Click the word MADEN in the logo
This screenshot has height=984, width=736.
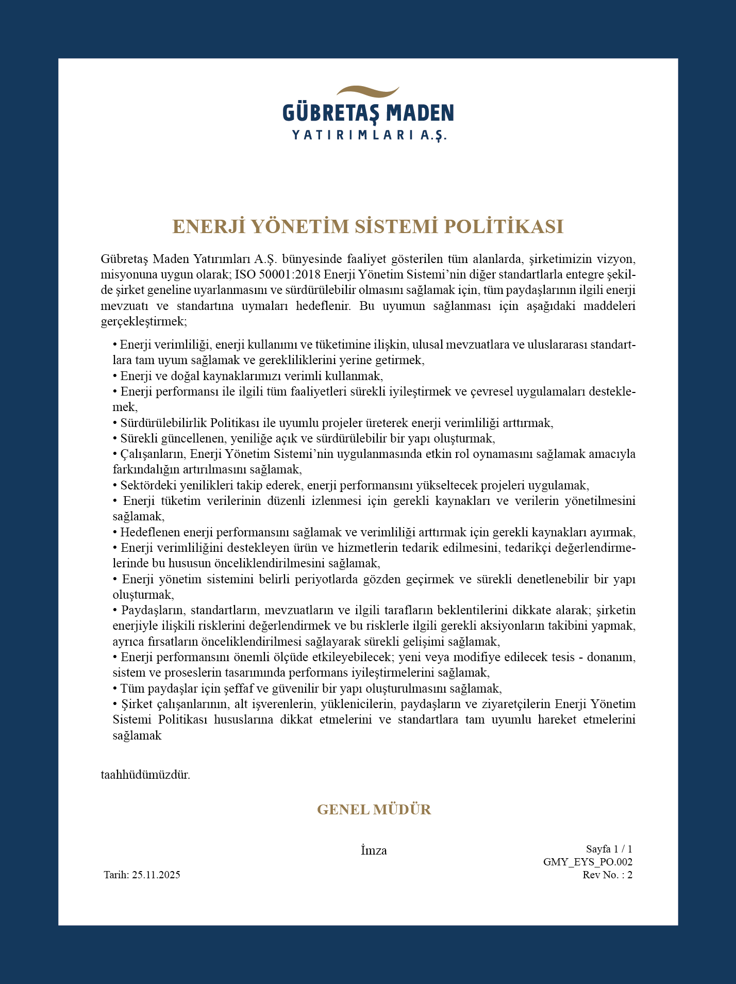click(x=420, y=113)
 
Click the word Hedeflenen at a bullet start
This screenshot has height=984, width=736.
click(x=150, y=532)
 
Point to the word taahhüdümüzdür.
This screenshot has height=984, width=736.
click(x=145, y=775)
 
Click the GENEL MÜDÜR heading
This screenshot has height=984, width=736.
click(x=374, y=810)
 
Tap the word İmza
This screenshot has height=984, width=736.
click(x=374, y=850)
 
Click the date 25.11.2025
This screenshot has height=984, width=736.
click(x=156, y=875)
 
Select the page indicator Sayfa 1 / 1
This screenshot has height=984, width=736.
click(x=609, y=849)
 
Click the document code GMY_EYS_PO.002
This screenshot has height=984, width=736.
click(x=588, y=862)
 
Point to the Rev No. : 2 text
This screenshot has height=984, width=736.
click(x=607, y=875)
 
